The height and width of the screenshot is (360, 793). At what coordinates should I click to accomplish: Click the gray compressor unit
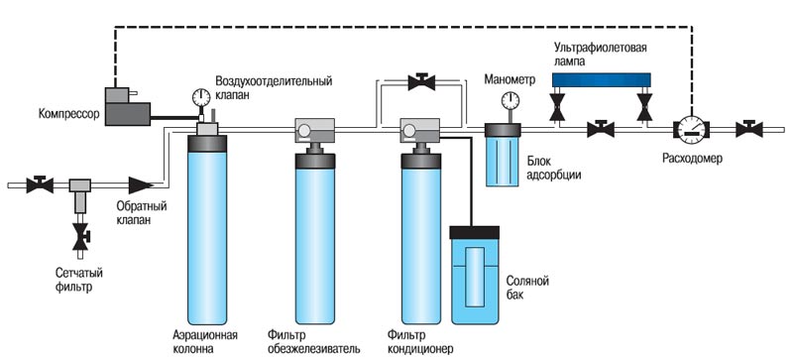tap(128, 107)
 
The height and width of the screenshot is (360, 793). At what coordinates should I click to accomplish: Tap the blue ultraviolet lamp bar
tap(601, 79)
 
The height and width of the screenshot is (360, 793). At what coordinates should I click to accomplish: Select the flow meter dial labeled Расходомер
tap(691, 129)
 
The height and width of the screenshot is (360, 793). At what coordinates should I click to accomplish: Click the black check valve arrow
tap(141, 185)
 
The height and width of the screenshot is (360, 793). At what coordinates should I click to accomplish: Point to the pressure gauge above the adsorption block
tap(510, 100)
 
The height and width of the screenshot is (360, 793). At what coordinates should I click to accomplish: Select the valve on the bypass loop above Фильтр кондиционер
tap(421, 82)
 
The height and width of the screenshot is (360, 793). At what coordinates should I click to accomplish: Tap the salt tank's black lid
tap(475, 232)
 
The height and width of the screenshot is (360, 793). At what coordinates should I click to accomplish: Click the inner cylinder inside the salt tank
tap(475, 278)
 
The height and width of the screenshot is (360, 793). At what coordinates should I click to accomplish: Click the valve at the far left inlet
tap(40, 184)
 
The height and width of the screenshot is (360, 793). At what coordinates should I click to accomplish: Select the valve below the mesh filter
tap(81, 237)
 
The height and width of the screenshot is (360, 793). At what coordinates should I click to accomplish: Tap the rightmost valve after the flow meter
tap(749, 129)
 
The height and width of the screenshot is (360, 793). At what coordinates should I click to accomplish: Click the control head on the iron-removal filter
tap(314, 131)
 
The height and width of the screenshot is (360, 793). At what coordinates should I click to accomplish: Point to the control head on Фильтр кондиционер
tap(419, 131)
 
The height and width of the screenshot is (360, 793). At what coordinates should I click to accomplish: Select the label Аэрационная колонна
tap(205, 342)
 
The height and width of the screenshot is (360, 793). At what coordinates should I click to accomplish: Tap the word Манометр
tap(510, 80)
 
